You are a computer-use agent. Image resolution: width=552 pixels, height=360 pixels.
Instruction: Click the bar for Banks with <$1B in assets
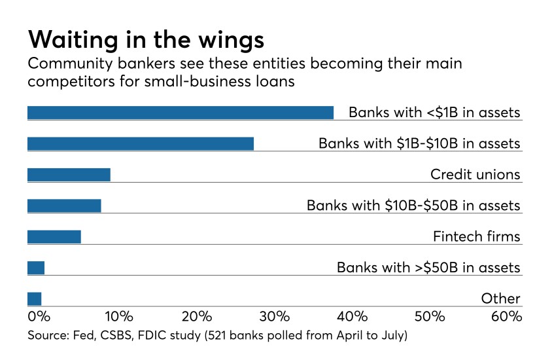pyautogui.click(x=180, y=113)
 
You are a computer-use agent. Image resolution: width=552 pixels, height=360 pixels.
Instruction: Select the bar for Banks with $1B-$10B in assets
pyautogui.click(x=140, y=143)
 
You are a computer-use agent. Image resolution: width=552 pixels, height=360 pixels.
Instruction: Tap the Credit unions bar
pyautogui.click(x=69, y=175)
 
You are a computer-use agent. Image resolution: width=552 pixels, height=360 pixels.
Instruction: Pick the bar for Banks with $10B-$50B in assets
pyautogui.click(x=64, y=206)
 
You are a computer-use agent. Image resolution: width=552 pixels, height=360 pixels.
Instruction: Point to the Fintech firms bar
pyautogui.click(x=54, y=236)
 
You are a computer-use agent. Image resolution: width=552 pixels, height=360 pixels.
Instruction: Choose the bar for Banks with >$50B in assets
pyautogui.click(x=36, y=268)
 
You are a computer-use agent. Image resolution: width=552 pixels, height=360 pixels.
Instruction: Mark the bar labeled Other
pyautogui.click(x=35, y=298)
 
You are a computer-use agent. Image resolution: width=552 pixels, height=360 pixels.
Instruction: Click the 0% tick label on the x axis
pyautogui.click(x=39, y=317)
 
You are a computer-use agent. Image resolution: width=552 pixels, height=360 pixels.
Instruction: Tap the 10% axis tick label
pyautogui.click(x=119, y=317)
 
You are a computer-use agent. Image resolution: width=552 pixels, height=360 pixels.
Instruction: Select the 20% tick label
pyautogui.click(x=196, y=317)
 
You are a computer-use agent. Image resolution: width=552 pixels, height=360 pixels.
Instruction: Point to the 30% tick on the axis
pyautogui.click(x=274, y=317)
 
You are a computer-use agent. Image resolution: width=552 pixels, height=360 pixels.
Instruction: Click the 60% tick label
pyautogui.click(x=506, y=317)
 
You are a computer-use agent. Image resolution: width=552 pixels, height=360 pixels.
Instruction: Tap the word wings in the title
pyautogui.click(x=230, y=41)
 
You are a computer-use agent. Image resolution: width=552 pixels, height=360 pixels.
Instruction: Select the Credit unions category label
pyautogui.click(x=475, y=175)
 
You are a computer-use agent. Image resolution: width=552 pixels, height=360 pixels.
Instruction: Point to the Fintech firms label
pyautogui.click(x=476, y=236)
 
